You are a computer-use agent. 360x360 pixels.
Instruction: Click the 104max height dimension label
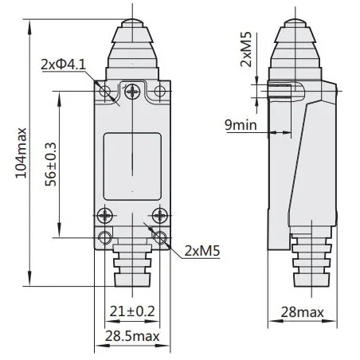22,153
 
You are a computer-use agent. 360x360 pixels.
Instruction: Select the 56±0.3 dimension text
51,164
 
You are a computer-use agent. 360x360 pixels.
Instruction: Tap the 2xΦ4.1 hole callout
64,65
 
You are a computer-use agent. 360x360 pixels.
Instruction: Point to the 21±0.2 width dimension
132,311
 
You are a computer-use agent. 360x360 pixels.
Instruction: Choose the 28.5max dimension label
132,336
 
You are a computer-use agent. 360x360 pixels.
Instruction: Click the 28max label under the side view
303,312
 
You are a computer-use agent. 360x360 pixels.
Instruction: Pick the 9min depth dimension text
241,125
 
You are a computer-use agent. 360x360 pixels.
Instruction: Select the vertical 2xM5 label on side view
245,49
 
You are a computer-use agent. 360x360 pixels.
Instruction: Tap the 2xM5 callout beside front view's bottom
202,251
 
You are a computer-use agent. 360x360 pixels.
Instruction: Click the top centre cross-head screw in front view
132,92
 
